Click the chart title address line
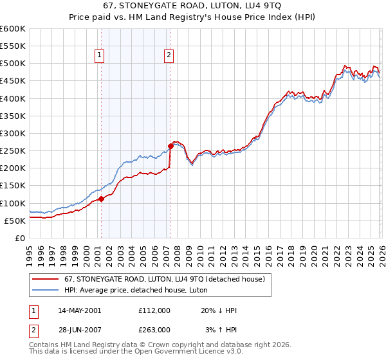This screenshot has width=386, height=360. [x=193, y=6]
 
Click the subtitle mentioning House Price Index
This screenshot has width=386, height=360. [x=193, y=18]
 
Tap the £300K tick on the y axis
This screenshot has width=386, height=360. [x=12, y=133]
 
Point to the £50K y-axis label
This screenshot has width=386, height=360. [x=14, y=221]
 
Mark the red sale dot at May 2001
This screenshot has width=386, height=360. [x=101, y=199]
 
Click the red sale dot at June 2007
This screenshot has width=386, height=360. [x=171, y=146]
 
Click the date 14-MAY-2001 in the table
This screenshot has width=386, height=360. [x=78, y=310]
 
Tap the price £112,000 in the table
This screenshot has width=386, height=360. [x=154, y=310]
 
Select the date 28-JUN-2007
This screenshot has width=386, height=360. [x=78, y=330]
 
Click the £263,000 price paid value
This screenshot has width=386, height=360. [x=154, y=330]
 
